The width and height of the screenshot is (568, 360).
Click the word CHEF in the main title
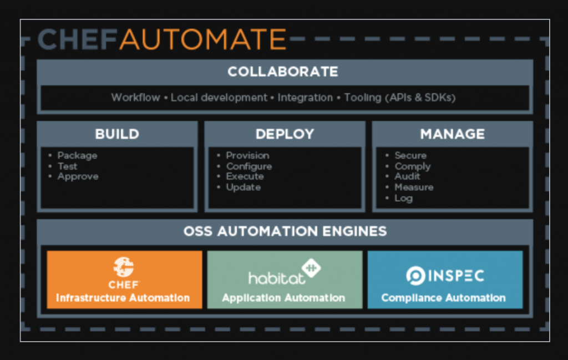tap(78, 40)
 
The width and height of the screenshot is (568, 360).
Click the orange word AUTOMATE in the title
tap(203, 40)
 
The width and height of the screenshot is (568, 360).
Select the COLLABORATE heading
tap(282, 72)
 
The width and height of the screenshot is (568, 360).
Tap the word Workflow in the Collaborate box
tap(135, 98)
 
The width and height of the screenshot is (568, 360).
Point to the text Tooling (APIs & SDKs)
tap(399, 98)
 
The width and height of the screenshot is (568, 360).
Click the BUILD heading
tap(117, 134)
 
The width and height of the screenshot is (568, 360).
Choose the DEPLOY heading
tap(285, 134)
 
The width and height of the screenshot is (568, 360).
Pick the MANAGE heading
tap(452, 134)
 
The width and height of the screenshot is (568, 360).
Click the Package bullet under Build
tap(77, 156)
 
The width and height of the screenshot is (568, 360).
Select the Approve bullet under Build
tap(78, 176)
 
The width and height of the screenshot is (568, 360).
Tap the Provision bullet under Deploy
tap(247, 156)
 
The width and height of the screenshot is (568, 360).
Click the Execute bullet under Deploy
tap(245, 176)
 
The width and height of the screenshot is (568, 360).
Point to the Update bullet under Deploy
tap(243, 187)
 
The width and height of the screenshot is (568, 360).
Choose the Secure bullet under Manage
tap(410, 156)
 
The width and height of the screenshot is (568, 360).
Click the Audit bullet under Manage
tap(407, 176)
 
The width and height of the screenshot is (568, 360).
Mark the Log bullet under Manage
tap(403, 198)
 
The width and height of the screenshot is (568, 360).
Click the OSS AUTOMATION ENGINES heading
tap(285, 231)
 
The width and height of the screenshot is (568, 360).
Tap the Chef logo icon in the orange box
tap(123, 267)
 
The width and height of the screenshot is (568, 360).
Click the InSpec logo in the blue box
tap(444, 275)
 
